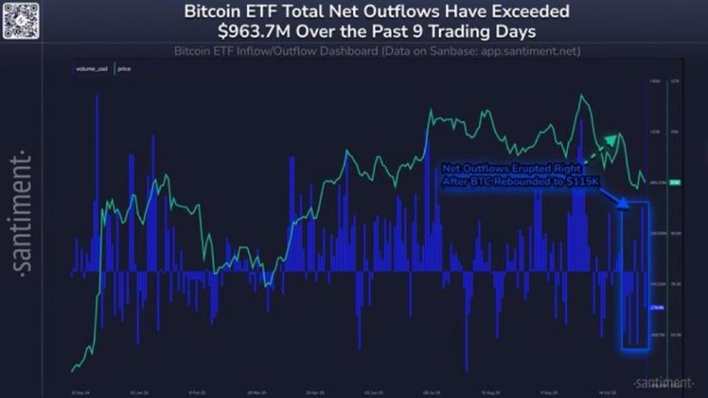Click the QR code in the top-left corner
21,21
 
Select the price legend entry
123,68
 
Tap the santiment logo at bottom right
663,383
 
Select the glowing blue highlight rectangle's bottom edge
635,351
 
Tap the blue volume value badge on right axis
657,308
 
